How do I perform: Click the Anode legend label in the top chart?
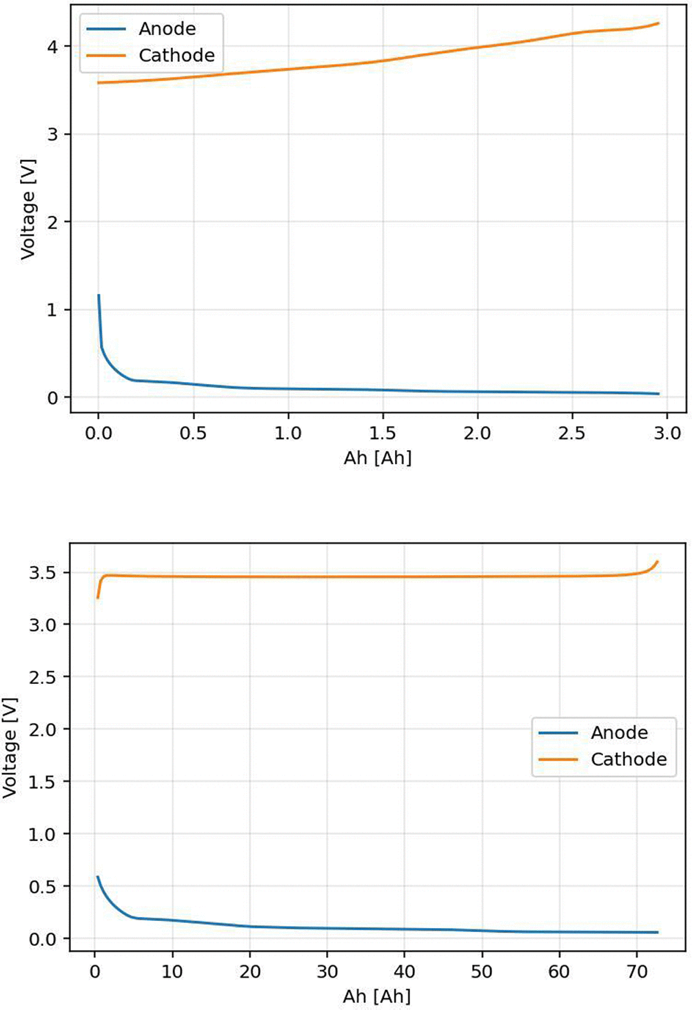(167, 29)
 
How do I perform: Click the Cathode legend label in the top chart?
(176, 55)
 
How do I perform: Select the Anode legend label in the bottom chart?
(620, 733)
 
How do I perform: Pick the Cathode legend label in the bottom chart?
(629, 759)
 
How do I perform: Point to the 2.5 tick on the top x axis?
(572, 434)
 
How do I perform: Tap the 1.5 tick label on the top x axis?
(383, 434)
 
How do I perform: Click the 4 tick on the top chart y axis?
(53, 46)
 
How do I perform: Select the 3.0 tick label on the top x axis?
(667, 434)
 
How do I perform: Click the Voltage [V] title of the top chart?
(28, 209)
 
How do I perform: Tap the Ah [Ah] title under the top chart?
(378, 458)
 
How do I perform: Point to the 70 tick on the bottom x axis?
(637, 971)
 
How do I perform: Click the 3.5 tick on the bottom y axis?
(43, 573)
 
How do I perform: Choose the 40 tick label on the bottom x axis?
(405, 971)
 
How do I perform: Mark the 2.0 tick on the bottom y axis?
(43, 729)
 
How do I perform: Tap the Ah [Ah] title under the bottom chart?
(377, 996)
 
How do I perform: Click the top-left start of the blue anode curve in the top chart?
(99, 295)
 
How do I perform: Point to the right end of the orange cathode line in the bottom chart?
(658, 561)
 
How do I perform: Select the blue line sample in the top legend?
(106, 30)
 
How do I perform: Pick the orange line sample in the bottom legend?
(558, 760)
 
